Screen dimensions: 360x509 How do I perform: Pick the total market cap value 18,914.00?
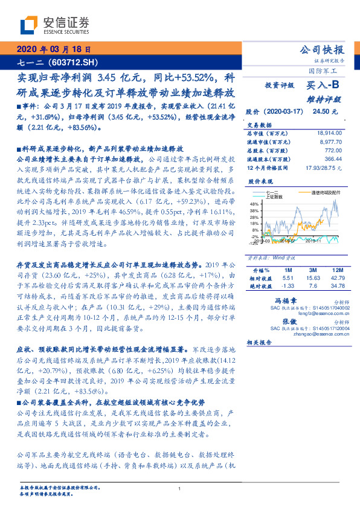329,132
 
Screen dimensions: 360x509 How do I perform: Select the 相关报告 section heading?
260,342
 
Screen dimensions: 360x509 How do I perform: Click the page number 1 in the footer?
180,488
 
